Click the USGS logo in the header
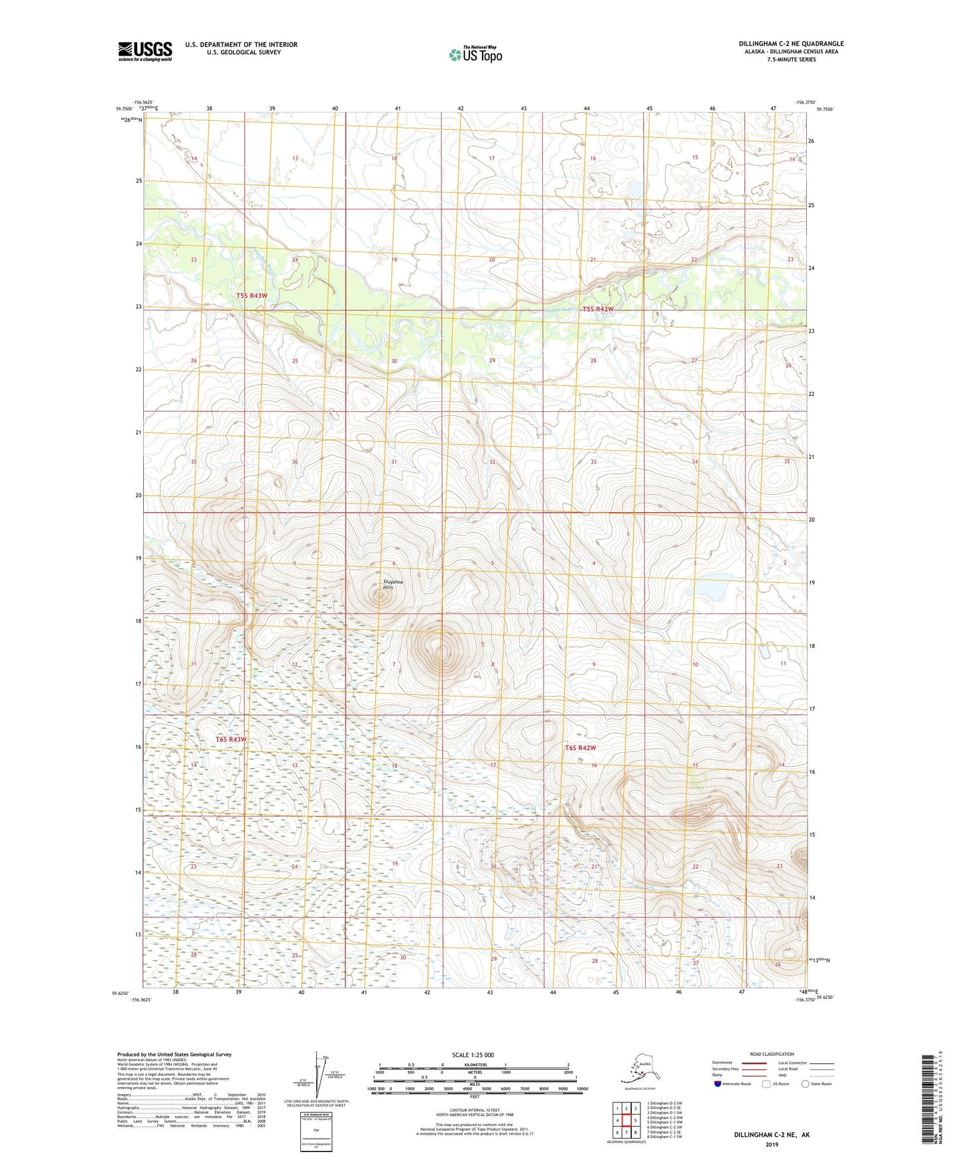tap(145, 51)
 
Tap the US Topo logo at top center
tap(475, 54)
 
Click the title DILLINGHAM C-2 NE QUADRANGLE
tap(791, 44)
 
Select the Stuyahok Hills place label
tap(392, 584)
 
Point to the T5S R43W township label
tap(252, 296)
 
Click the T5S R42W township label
tap(598, 309)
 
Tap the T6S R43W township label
tap(231, 740)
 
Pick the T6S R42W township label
tap(580, 748)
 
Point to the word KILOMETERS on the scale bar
tap(473, 1064)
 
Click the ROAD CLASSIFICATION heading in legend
tap(772, 1054)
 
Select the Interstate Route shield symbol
tap(718, 1083)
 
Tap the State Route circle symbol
tap(806, 1083)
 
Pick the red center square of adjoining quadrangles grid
tap(626, 1120)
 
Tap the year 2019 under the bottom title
tap(771, 1144)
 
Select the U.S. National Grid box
tap(316, 1131)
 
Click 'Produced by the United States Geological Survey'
tap(174, 1054)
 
